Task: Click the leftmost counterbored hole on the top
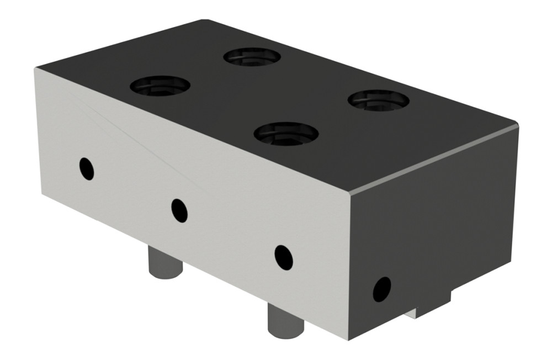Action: pos(160,87)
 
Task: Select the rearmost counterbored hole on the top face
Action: pos(252,56)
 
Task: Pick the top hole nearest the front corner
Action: pos(286,133)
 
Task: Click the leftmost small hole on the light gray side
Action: pos(87,168)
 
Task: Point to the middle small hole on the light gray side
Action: pos(179,210)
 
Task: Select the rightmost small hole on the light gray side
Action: pos(284,257)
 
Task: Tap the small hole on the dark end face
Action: pos(381,289)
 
